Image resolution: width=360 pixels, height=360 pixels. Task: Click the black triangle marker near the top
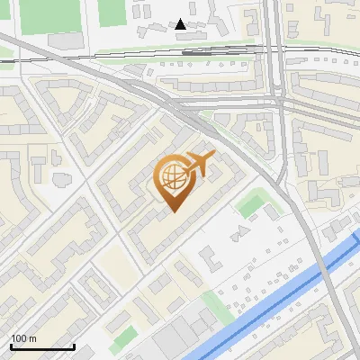click(181, 24)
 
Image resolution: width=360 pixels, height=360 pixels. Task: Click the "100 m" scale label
click(23, 338)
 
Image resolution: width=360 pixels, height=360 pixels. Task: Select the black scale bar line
click(41, 346)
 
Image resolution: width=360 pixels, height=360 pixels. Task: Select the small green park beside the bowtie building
click(253, 204)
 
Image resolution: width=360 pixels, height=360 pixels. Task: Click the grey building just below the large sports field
click(65, 41)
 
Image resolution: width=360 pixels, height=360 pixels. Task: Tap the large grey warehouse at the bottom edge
click(180, 342)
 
